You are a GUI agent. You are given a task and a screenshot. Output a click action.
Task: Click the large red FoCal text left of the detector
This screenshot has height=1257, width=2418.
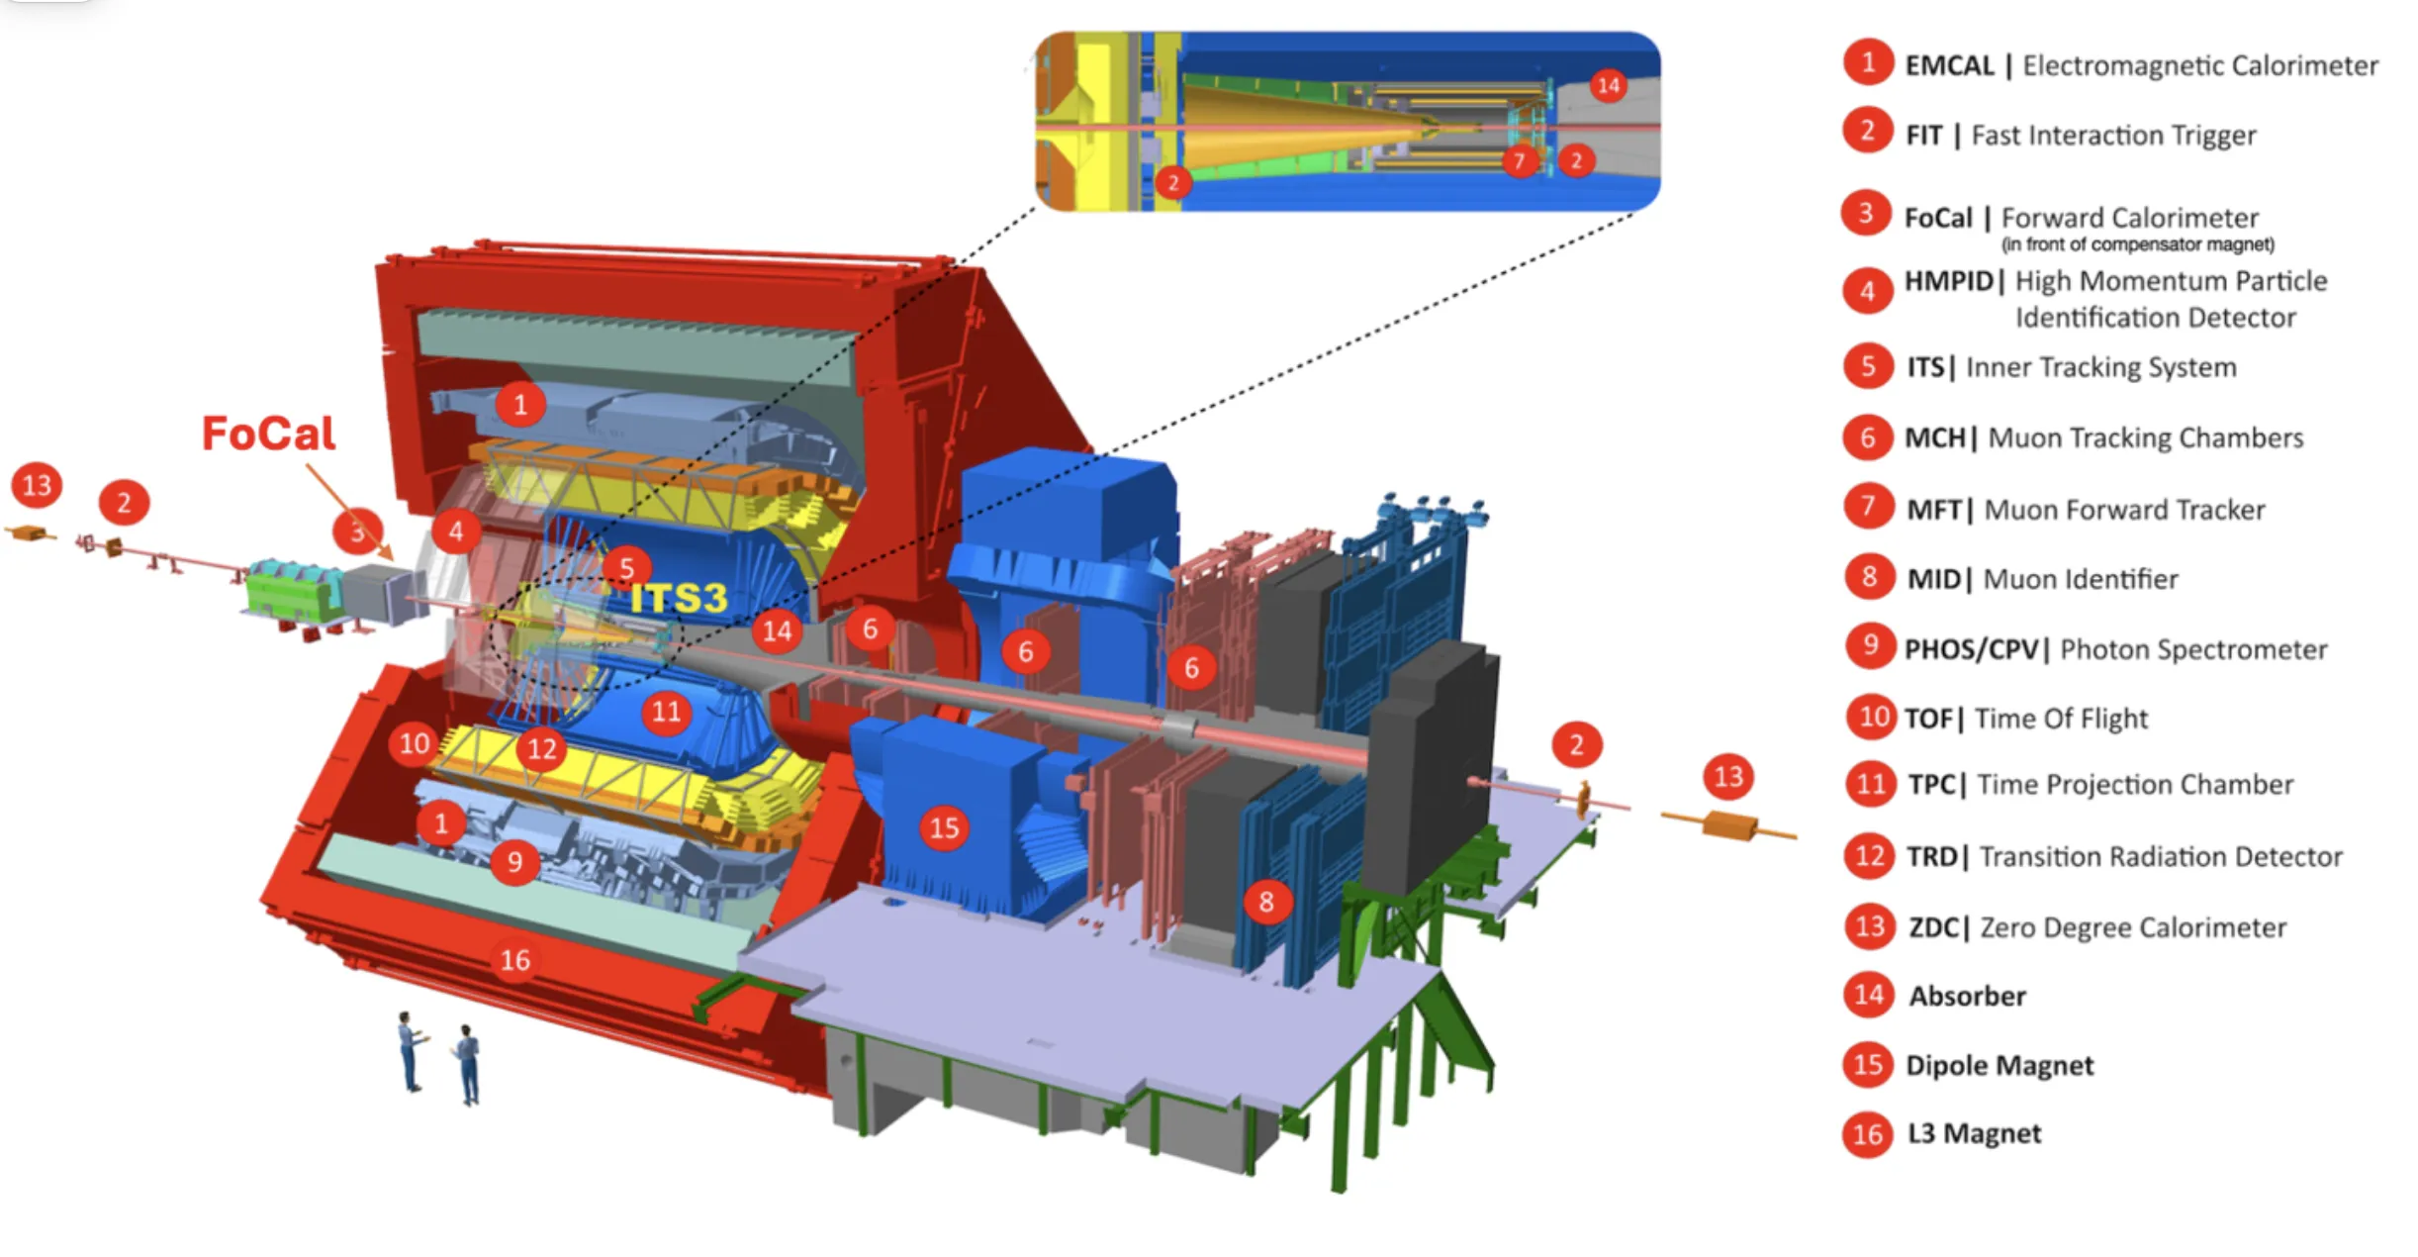pos(269,434)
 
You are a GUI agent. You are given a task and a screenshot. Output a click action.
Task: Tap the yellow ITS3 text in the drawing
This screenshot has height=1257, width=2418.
pos(679,598)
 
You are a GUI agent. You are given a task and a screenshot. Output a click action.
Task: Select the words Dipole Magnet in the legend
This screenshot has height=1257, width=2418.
pos(1999,1065)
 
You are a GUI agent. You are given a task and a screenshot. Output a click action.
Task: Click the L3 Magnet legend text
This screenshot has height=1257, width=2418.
pos(1974,1133)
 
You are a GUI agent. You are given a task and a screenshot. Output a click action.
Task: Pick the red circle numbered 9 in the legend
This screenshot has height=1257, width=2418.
pos(1870,645)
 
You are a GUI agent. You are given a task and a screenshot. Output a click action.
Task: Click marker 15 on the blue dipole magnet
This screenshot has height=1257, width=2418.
pos(944,827)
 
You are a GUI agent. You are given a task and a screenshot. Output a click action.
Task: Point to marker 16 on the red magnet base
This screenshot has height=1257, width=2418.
pos(514,959)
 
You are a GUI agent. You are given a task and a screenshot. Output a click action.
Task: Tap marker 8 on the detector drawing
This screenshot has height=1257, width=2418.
pos(1266,902)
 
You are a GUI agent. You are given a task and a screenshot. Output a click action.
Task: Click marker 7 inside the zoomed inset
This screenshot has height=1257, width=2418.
pos(1520,160)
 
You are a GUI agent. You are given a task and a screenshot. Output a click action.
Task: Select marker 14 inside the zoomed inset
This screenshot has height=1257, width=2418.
pos(1609,85)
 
